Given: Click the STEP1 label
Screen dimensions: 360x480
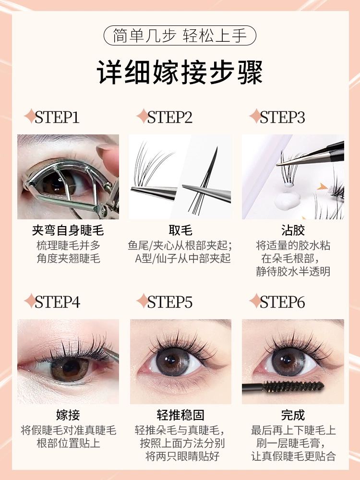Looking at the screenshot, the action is [x=57, y=117].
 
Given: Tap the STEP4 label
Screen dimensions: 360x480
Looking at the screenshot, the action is [x=58, y=302].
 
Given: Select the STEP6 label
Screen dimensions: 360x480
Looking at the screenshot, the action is [x=282, y=302].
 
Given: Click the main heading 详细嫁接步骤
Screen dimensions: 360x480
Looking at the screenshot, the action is [x=180, y=72].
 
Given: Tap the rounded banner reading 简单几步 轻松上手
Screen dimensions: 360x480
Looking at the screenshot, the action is [x=180, y=36].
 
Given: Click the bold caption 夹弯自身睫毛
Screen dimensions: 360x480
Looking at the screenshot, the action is [x=68, y=230].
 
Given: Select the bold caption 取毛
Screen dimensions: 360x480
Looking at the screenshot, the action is [x=180, y=230].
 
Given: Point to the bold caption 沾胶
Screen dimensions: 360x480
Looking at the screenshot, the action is [x=293, y=230].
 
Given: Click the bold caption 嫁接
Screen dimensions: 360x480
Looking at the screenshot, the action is [x=68, y=415].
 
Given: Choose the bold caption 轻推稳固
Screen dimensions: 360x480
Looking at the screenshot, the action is [x=180, y=415].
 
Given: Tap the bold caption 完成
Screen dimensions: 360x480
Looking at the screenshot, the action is [x=293, y=415].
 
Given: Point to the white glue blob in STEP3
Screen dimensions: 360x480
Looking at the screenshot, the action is [x=287, y=199].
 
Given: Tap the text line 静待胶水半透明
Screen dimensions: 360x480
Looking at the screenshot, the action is [x=293, y=272].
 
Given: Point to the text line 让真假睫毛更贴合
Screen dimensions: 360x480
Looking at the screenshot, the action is [x=293, y=456].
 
